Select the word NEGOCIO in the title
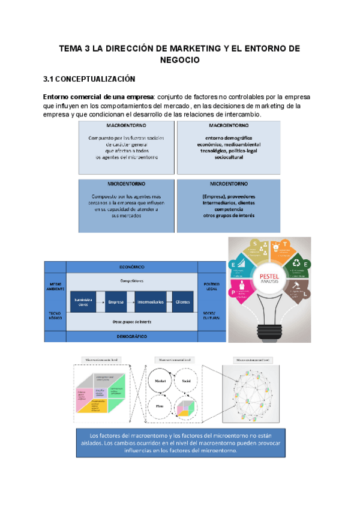[x=180, y=60]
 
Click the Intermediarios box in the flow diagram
[x=149, y=302]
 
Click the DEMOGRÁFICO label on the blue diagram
[x=132, y=337]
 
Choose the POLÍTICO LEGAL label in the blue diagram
[x=211, y=285]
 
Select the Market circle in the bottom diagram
[x=160, y=381]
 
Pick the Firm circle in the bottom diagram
[x=160, y=406]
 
